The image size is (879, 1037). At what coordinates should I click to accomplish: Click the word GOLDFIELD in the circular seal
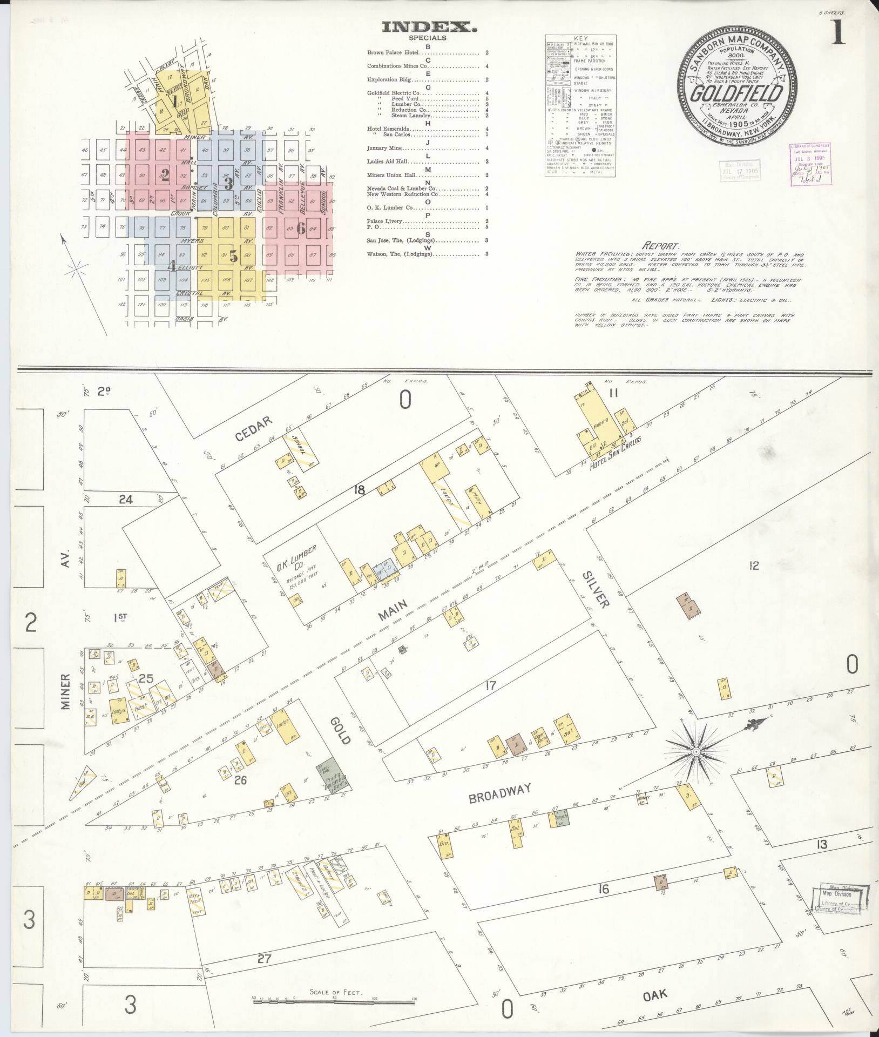point(738,93)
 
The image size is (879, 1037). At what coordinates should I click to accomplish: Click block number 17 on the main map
point(490,685)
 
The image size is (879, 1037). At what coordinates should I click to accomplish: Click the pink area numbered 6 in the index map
point(301,228)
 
